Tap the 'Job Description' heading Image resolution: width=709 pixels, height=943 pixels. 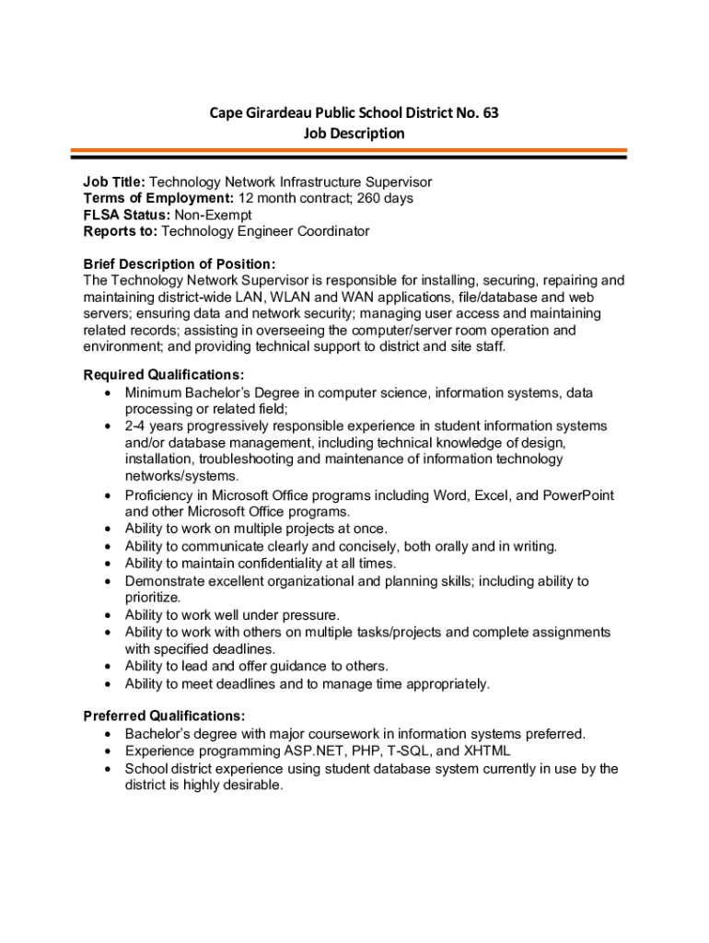pos(354,134)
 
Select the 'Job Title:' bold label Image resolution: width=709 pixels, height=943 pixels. pos(114,182)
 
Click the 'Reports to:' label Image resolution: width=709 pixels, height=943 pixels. pos(121,231)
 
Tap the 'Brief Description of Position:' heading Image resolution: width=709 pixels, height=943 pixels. pos(180,264)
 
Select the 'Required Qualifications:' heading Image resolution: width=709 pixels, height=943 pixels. pos(164,375)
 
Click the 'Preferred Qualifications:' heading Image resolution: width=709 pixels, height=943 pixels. pos(164,716)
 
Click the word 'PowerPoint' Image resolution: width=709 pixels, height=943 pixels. pos(578,495)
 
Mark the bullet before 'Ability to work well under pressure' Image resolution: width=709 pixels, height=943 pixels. pos(109,615)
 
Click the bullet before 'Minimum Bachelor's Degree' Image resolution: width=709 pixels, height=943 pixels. pos(109,393)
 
